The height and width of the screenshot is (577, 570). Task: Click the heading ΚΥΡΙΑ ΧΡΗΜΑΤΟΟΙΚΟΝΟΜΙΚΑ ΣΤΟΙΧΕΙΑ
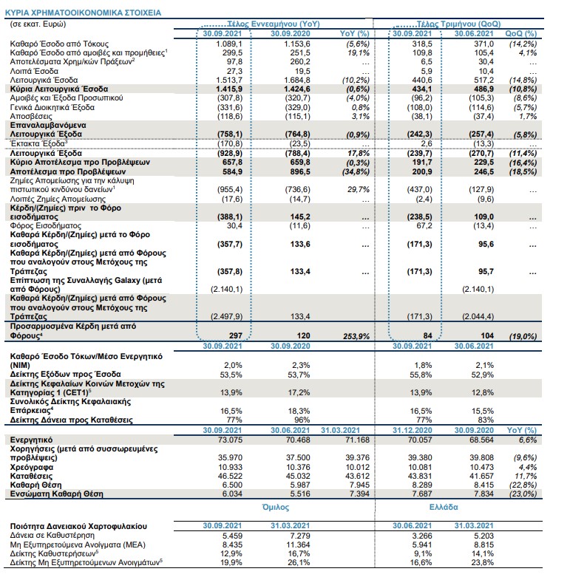pyautogui.click(x=83, y=13)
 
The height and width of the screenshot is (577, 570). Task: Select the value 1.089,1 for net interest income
pyautogui.click(x=229, y=44)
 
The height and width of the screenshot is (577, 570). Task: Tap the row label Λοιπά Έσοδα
pyautogui.click(x=34, y=71)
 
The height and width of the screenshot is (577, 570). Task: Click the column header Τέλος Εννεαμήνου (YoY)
pyautogui.click(x=274, y=24)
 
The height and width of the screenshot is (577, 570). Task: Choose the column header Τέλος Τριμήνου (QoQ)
pyautogui.click(x=458, y=24)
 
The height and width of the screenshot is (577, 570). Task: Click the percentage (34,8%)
pyautogui.click(x=358, y=172)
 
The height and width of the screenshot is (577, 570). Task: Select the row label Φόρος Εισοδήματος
pyautogui.click(x=46, y=225)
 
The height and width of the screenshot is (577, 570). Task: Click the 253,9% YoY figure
pyautogui.click(x=356, y=336)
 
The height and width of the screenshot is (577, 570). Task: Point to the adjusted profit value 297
pyautogui.click(x=236, y=335)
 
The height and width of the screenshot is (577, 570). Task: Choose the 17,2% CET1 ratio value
pyautogui.click(x=299, y=392)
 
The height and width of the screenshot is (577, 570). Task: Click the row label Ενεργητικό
pyautogui.click(x=31, y=440)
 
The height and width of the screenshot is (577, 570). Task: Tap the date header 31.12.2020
pyautogui.click(x=412, y=430)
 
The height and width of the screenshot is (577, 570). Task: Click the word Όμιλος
pyautogui.click(x=276, y=507)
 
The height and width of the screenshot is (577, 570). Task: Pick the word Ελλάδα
pyautogui.click(x=444, y=507)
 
